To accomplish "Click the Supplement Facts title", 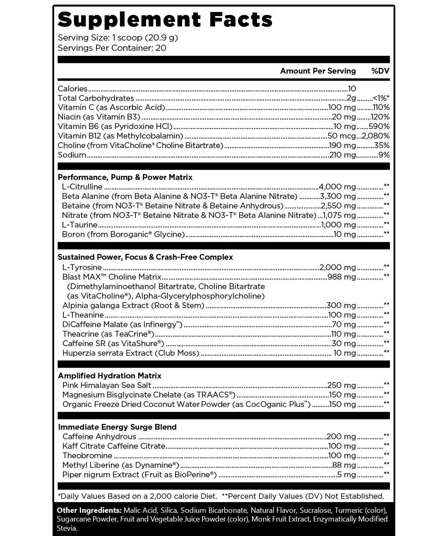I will pos(165,19).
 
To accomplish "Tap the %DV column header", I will pos(380,71).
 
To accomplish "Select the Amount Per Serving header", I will pos(317,71).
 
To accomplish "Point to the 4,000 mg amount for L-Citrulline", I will pos(337,187).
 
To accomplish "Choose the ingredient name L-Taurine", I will pos(79,225).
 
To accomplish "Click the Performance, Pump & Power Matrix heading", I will pos(125,177).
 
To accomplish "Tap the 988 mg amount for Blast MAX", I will pos(341,277).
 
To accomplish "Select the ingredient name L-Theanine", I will pos(83,315).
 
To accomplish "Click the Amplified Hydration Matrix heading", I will pos(110,376).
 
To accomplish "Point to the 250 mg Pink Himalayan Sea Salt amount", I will pos(341,385).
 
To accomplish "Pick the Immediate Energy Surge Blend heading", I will pos(117,427).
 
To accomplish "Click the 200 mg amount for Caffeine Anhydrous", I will pos(341,437).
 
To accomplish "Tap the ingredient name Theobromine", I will pos(87,456).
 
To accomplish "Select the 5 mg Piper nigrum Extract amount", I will pos(346,475).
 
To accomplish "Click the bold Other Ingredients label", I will pos(89,510).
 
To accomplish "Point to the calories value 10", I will pos(352,89).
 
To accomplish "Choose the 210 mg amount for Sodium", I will pos(342,155).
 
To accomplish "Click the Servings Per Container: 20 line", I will pos(112,48).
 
